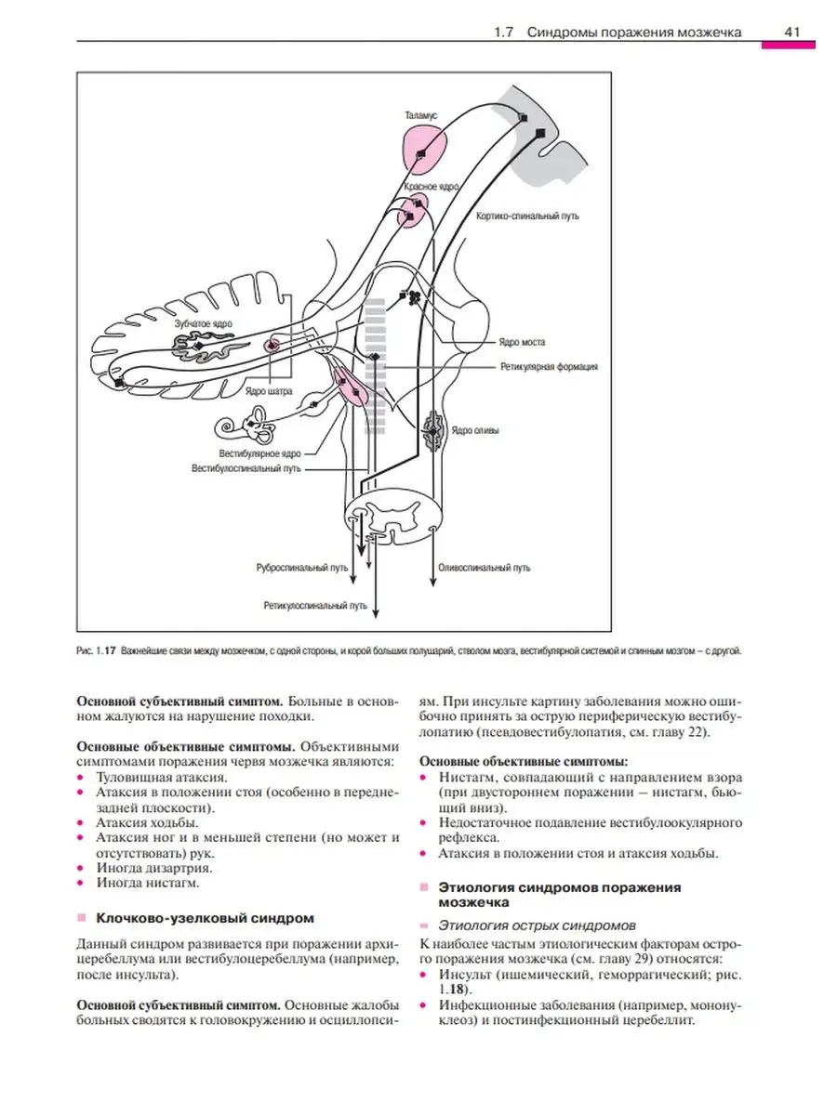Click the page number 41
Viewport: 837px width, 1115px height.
(791, 32)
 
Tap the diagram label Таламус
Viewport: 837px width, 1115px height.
(420, 116)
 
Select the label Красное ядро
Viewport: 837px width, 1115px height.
(432, 187)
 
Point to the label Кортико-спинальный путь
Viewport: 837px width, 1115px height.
(527, 216)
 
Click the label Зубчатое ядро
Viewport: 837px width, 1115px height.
(204, 323)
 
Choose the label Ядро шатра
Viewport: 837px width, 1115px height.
(269, 391)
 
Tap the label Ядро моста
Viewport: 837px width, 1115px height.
(522, 342)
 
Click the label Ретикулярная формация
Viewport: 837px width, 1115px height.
(549, 366)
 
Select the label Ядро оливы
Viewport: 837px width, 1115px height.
(475, 430)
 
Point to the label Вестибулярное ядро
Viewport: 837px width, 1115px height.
(260, 453)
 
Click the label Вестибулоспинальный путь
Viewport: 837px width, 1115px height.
(246, 468)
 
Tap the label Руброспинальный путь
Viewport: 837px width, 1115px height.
(302, 568)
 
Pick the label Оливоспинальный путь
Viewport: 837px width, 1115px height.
(485, 568)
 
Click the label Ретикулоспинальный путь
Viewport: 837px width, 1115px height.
(315, 606)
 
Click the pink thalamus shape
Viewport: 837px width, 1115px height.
(425, 151)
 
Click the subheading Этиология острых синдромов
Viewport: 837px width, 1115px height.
(537, 939)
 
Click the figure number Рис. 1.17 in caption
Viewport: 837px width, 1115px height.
(97, 650)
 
